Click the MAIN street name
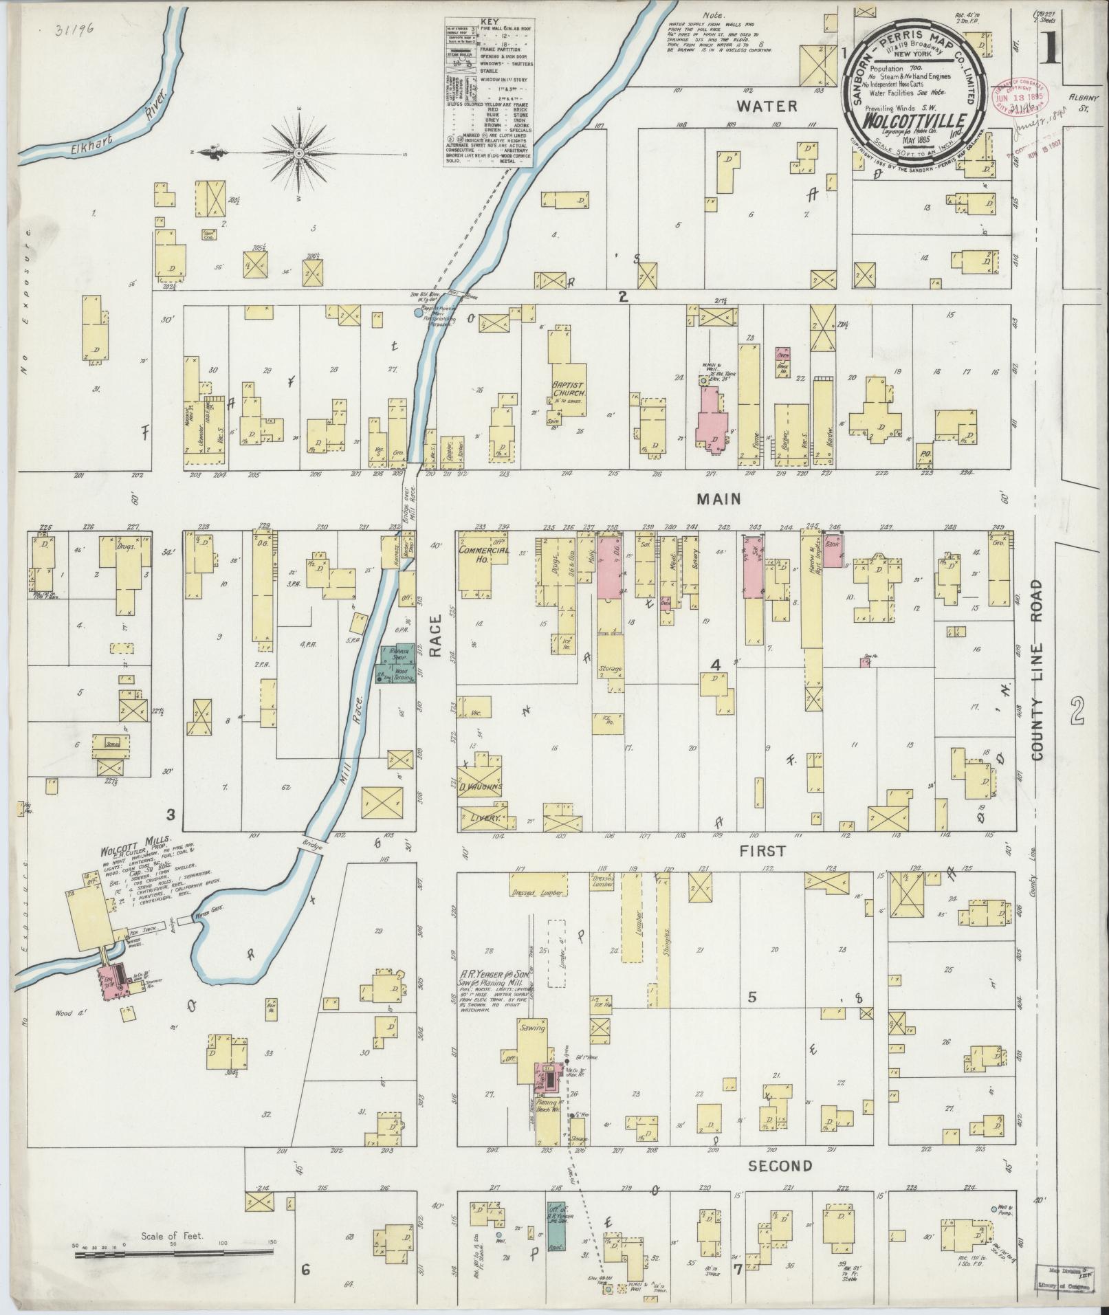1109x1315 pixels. tap(719, 498)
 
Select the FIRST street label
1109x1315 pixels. tap(762, 850)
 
